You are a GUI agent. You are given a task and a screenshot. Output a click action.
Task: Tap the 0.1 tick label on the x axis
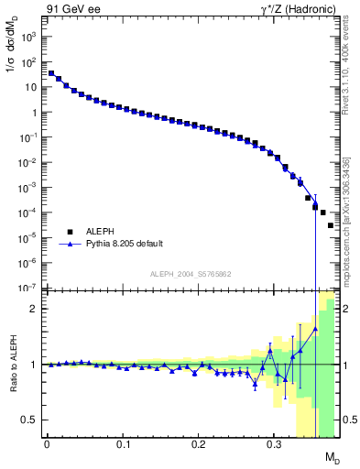tap(122, 446)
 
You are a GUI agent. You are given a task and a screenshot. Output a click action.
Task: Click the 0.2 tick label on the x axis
tap(198, 446)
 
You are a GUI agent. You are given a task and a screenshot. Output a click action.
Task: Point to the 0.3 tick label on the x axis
tap(273, 446)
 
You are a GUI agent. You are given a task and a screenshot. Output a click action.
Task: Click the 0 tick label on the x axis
tap(47, 446)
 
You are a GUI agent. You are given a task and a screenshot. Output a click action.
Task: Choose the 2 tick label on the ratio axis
tap(33, 309)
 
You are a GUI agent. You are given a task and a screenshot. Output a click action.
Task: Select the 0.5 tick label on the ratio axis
tap(29, 420)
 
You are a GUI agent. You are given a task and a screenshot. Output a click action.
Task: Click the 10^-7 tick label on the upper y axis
tap(28, 288)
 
